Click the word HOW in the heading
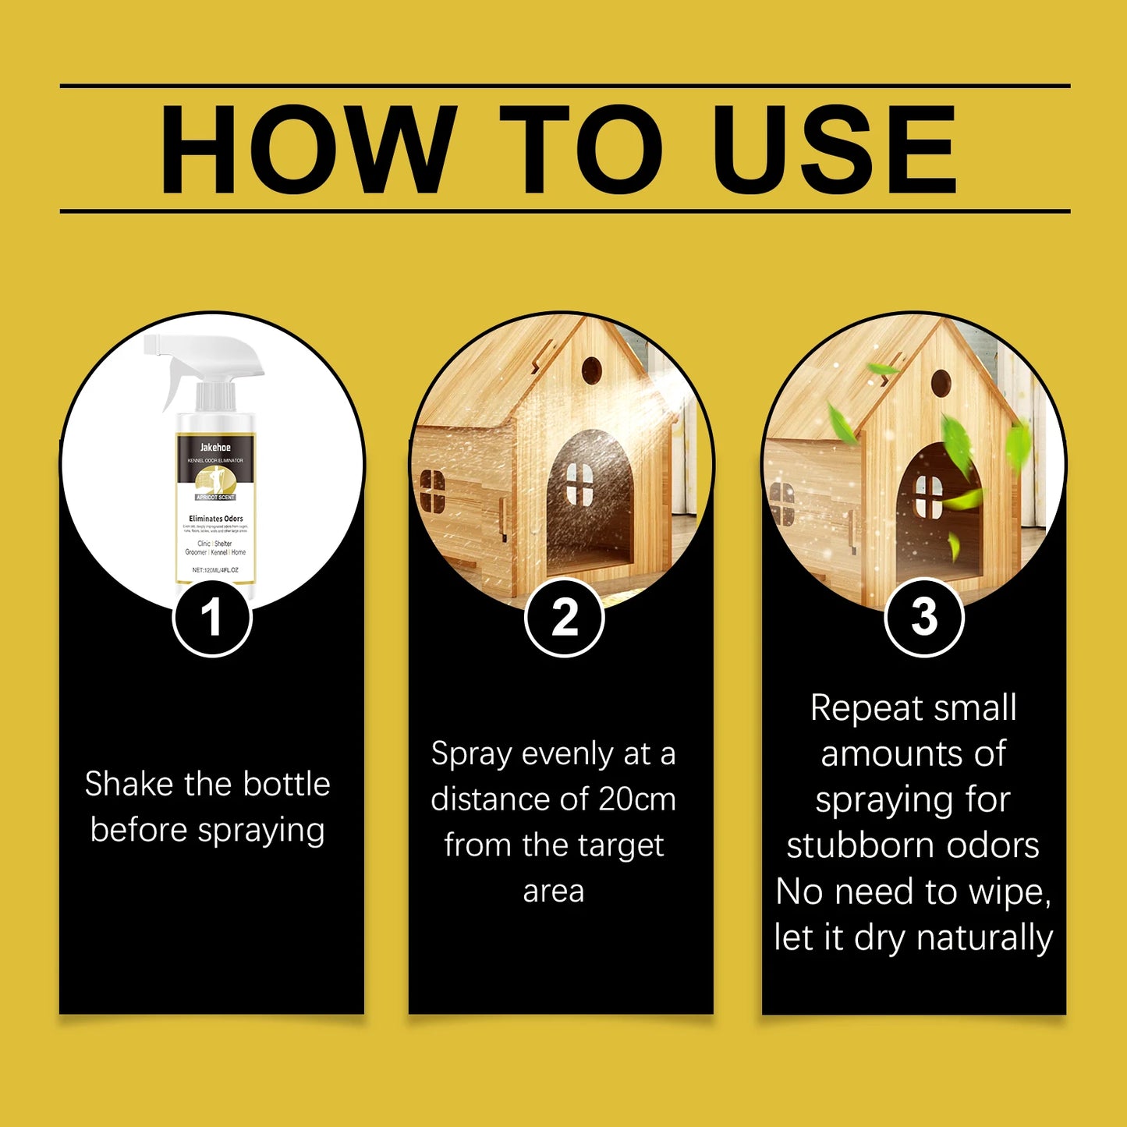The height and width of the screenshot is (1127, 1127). point(308,149)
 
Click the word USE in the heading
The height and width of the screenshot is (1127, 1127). point(834,149)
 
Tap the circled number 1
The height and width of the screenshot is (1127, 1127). point(211,618)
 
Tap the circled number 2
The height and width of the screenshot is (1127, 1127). point(564,618)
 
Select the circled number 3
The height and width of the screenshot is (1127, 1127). point(924,618)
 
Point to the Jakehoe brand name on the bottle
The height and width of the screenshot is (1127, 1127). point(215,447)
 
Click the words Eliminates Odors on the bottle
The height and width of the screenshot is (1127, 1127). point(216,519)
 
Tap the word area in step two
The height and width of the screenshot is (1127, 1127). point(554,891)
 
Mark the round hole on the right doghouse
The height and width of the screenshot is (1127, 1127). point(941,381)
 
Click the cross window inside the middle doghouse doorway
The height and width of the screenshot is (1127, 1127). point(579,483)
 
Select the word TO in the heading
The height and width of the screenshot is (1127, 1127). point(581,149)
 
